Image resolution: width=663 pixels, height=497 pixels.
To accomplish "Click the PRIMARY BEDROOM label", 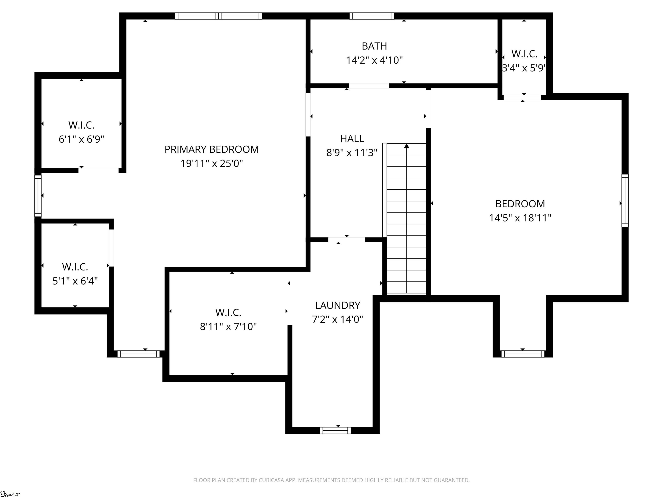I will tap(211, 149).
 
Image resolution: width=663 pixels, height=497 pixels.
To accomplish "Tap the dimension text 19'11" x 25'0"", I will tap(211, 164).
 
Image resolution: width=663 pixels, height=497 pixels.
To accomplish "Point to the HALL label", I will tap(352, 138).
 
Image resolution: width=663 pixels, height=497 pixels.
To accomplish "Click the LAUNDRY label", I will tap(338, 305).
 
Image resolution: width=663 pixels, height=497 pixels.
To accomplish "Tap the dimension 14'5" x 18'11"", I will tap(520, 218).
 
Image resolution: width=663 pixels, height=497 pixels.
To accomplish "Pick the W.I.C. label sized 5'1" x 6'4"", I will tap(75, 267).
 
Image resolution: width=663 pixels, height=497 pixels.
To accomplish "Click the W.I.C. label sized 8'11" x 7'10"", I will tap(228, 313).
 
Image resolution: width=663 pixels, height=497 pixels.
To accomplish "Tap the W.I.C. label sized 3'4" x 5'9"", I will tap(524, 54).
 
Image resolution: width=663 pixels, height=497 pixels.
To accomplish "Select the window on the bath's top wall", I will tap(372, 16).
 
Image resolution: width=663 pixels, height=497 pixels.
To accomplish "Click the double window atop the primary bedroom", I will tap(218, 16).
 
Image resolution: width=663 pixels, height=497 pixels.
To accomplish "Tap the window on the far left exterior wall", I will tap(38, 196).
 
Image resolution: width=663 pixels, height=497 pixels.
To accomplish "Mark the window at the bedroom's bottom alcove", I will tap(523, 354).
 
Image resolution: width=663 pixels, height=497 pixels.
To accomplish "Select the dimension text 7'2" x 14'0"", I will tap(338, 319).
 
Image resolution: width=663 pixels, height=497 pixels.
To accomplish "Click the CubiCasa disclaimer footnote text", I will tap(331, 480).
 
